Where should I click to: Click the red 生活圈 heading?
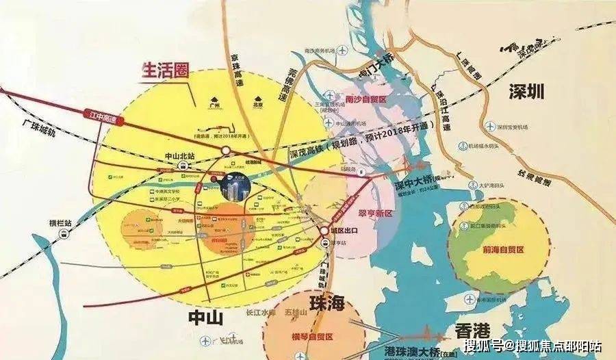pyautogui.click(x=164, y=70)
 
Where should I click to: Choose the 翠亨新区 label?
pyautogui.click(x=370, y=214)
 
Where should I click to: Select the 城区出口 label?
pyautogui.click(x=346, y=229)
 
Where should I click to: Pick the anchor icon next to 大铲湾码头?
pyautogui.click(x=473, y=184)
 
